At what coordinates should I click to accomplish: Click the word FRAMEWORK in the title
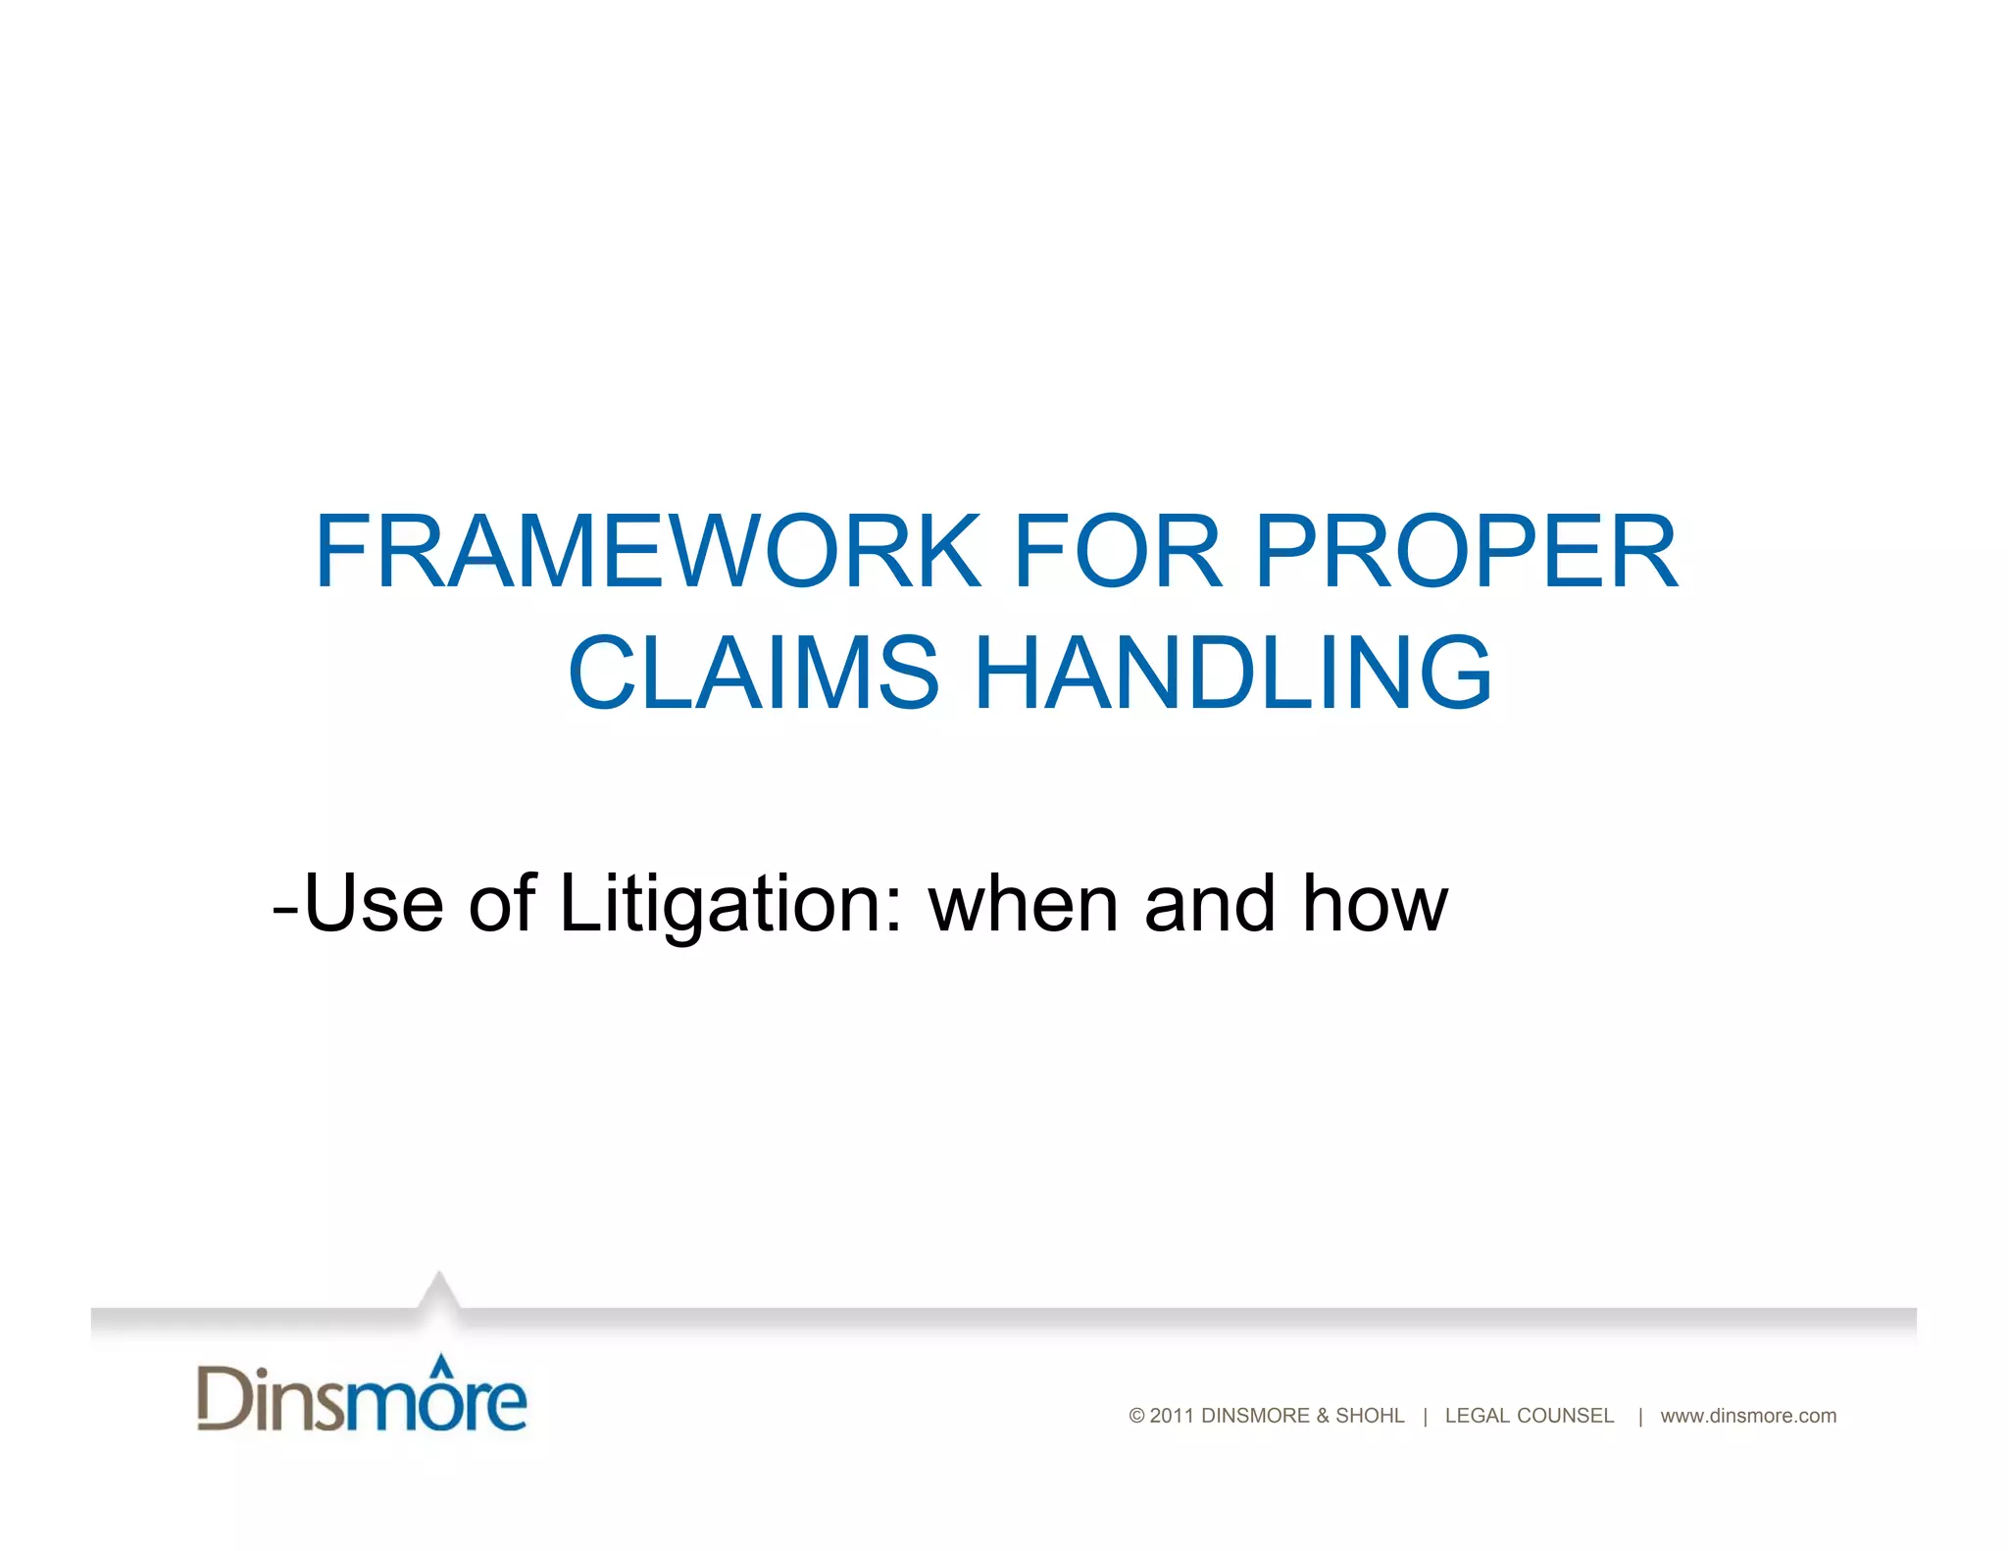(x=647, y=552)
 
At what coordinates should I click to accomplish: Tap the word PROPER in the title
(x=1467, y=552)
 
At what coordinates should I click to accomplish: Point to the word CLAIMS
(x=753, y=674)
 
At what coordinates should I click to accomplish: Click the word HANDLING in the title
(x=1233, y=674)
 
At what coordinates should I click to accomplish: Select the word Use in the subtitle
(x=374, y=903)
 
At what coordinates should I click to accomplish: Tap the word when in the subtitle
(x=1024, y=903)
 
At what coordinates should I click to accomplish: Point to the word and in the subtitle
(x=1210, y=903)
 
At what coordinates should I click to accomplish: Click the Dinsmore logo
(x=362, y=1396)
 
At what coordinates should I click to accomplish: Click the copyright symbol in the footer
(x=1137, y=1416)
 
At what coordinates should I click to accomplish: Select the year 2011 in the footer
(x=1172, y=1416)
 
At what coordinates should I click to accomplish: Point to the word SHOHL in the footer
(x=1370, y=1416)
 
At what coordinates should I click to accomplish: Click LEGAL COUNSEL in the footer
(x=1529, y=1416)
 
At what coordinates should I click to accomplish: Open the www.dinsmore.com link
(x=1748, y=1416)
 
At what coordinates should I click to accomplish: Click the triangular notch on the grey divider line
(x=439, y=1289)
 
